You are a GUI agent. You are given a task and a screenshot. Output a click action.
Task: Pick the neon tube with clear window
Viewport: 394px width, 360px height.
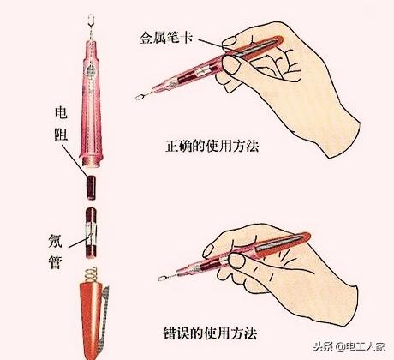pyautogui.click(x=93, y=231)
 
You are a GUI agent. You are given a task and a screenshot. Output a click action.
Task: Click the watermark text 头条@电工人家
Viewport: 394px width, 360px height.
pyautogui.click(x=348, y=346)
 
